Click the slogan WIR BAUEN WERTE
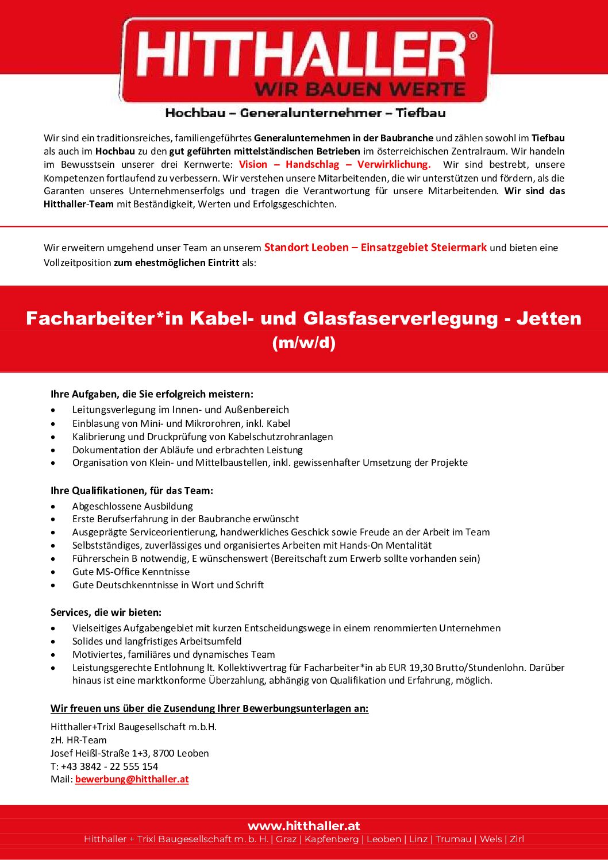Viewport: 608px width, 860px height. point(360,90)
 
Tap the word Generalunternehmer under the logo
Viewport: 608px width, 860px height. point(310,113)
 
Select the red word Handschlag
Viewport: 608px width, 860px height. point(312,164)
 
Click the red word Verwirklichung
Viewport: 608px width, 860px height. point(394,164)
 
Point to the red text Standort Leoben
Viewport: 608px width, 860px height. point(306,248)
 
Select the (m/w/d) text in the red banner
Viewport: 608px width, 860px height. point(303,343)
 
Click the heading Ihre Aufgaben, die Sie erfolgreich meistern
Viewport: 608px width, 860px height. point(152,394)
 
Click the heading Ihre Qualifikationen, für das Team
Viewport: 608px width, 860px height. point(132,491)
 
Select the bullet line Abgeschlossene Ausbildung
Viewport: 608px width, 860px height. point(132,506)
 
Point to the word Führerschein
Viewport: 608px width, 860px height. point(101,558)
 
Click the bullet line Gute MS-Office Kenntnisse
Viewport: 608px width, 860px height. point(130,572)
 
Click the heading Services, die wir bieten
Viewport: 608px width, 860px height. point(106,612)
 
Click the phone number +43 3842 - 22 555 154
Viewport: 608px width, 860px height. point(109,766)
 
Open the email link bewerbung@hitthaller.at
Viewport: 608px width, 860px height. point(132,780)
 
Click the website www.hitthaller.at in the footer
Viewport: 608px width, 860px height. point(303,826)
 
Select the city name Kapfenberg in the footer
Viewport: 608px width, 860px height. point(332,839)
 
